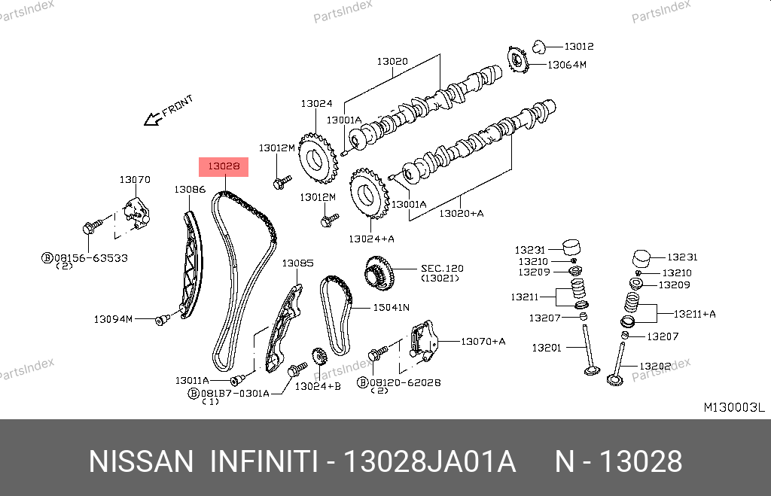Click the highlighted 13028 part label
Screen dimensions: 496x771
tap(223, 166)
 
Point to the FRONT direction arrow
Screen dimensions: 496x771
tap(153, 117)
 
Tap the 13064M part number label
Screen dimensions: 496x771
tap(566, 65)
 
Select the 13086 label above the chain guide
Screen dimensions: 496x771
tap(190, 190)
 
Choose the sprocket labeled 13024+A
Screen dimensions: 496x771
tap(368, 195)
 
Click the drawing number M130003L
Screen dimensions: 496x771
tap(733, 407)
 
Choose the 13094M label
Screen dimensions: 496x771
tap(113, 319)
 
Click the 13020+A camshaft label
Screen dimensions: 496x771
tap(462, 214)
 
